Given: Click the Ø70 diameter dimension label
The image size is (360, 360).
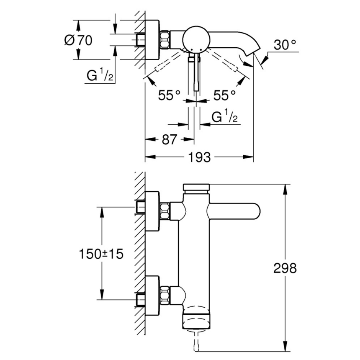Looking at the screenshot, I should pos(78,41).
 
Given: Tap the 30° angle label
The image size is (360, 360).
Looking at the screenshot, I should pos(285,44).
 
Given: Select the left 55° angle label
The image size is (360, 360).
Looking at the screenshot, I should pos(169,95).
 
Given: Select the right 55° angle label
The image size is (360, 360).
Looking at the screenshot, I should pos(224,95).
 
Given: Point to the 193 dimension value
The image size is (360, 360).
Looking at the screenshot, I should pos(199,158).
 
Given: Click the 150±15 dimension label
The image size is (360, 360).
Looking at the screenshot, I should pos(101,254).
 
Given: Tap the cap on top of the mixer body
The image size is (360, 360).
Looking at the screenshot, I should pos(195,188).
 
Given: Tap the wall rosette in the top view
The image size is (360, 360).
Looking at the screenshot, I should pos(152,40).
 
